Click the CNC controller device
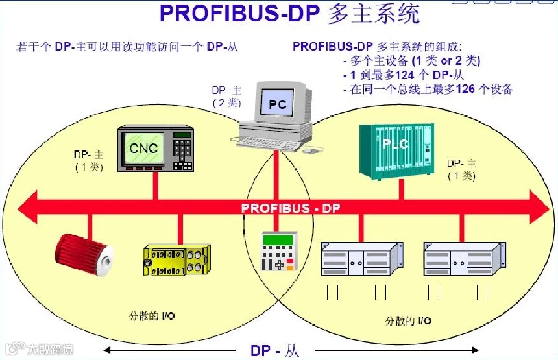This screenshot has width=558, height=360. click(x=156, y=149)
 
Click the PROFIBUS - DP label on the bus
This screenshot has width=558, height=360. click(x=291, y=208)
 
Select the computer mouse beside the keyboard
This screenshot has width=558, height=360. click(x=311, y=150)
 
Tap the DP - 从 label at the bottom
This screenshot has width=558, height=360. click(x=275, y=351)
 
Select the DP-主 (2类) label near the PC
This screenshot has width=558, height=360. click(x=226, y=97)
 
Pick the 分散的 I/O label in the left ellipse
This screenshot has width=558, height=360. click(x=152, y=316)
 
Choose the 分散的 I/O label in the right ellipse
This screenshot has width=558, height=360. click(x=408, y=320)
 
